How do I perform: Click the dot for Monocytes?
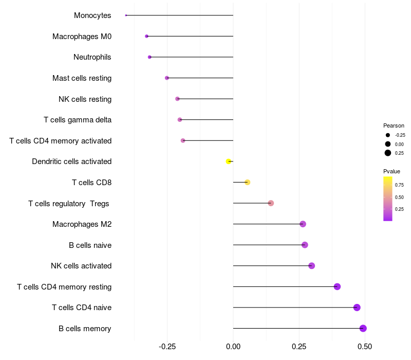coord(126,15)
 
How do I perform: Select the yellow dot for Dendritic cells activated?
coord(229,161)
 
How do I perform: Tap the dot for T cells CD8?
coord(248,182)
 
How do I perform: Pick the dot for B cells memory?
coord(363,328)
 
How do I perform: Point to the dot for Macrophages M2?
coord(303,224)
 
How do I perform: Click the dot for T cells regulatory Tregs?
coord(271,203)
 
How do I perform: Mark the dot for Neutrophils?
coord(150,57)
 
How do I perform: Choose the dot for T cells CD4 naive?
coord(357,308)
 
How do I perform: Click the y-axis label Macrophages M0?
coord(82,37)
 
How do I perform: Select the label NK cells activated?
coord(81,266)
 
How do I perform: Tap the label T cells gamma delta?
coord(78,120)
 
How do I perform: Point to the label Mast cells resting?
coord(82,78)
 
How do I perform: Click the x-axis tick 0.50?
coord(365,347)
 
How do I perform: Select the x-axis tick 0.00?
coord(233,347)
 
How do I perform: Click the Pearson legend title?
coord(394,125)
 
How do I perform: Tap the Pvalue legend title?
coord(391,171)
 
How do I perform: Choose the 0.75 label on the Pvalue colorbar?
coord(399,185)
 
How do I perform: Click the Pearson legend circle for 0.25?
coord(388,153)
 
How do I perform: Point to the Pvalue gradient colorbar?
coord(388,199)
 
